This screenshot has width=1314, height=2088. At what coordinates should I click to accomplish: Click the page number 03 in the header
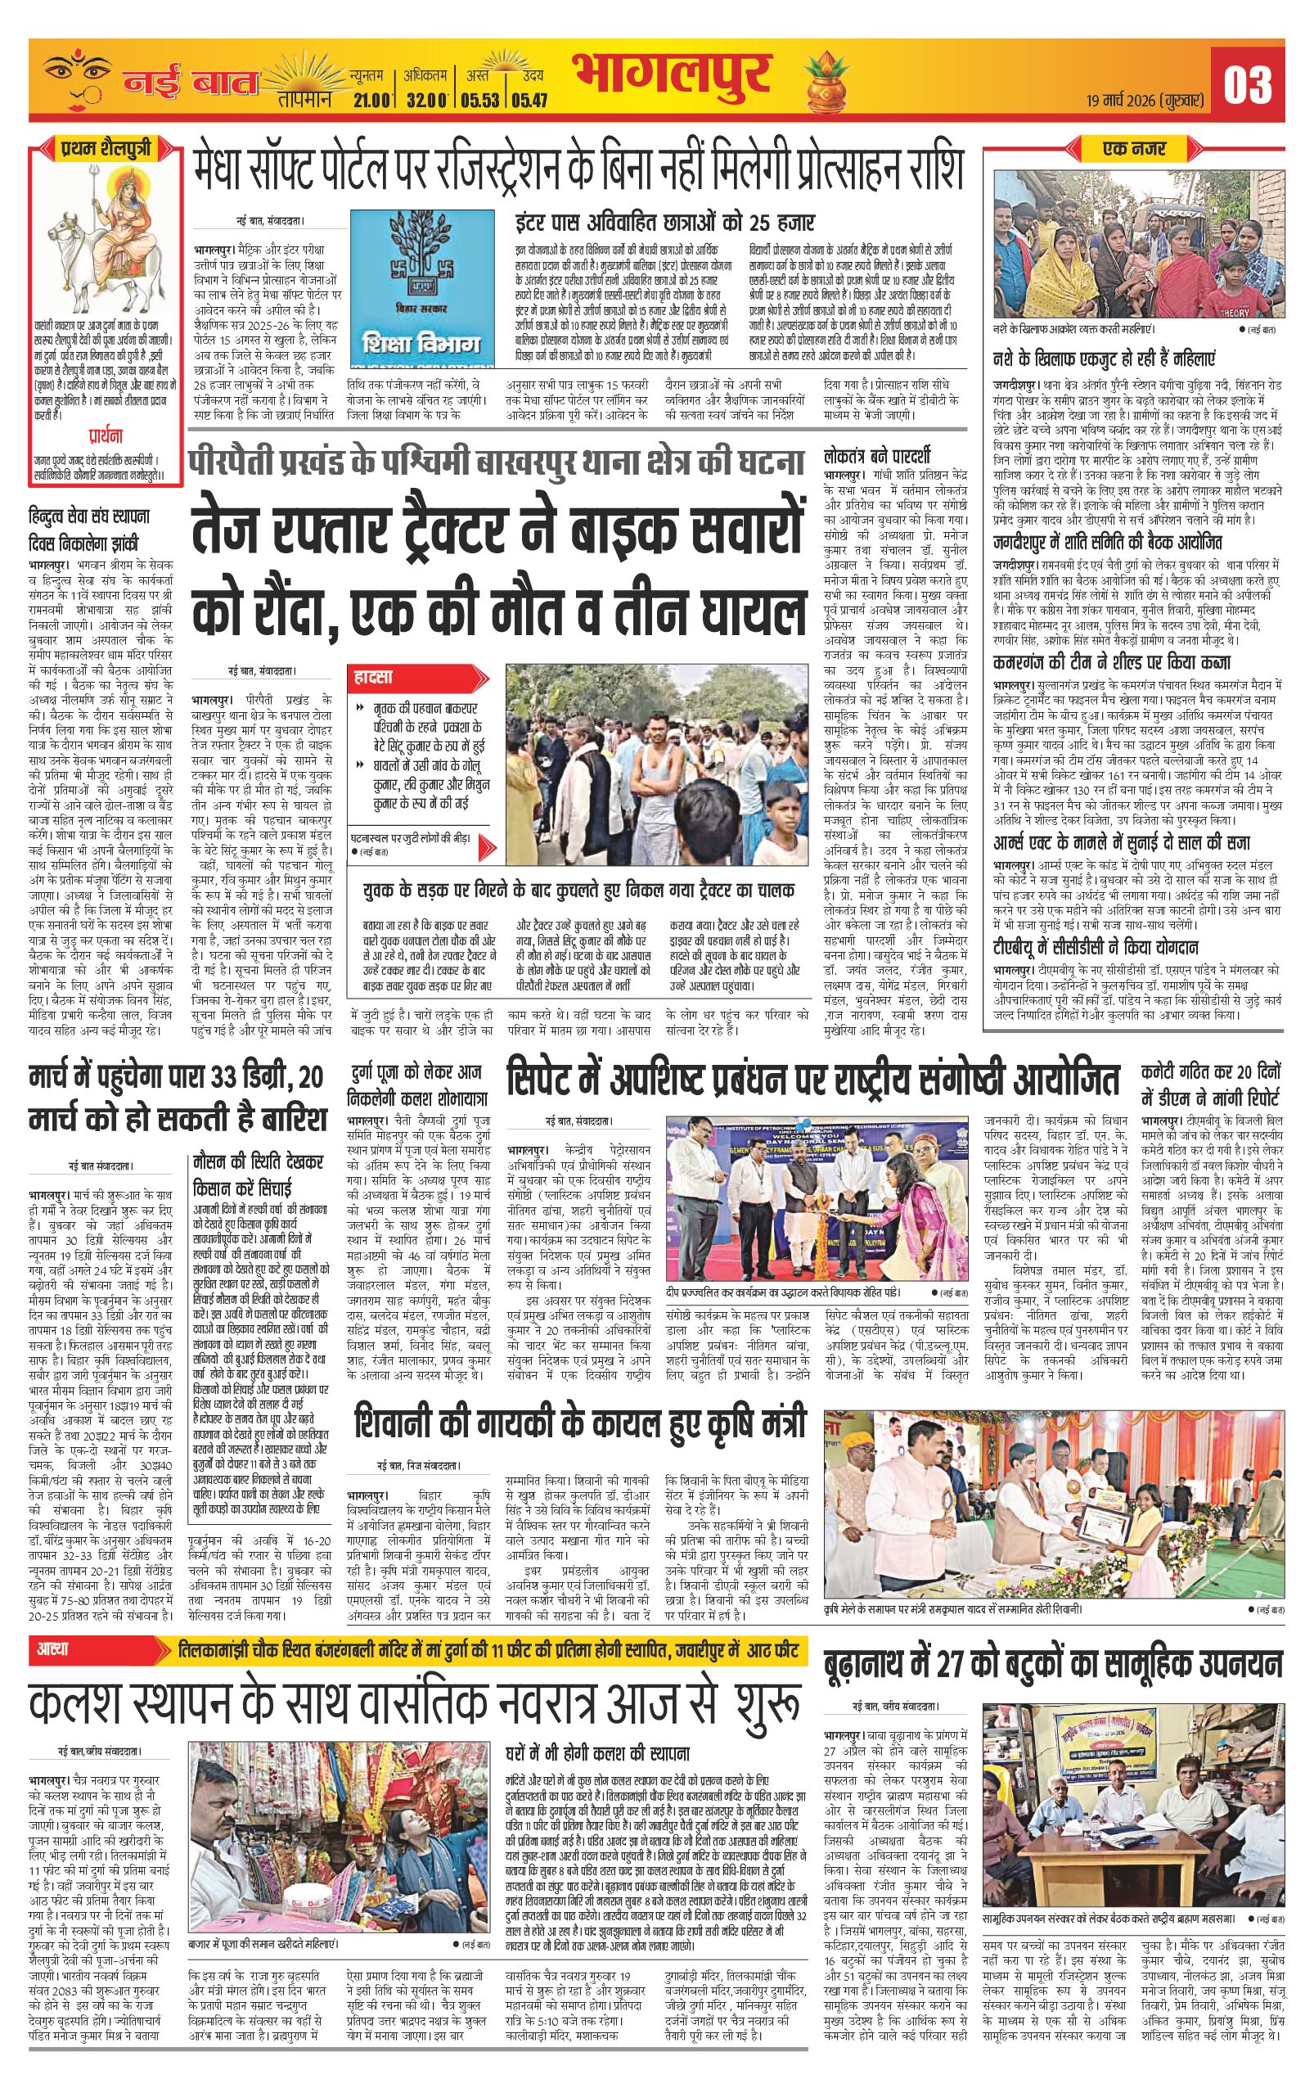[x=1248, y=84]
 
